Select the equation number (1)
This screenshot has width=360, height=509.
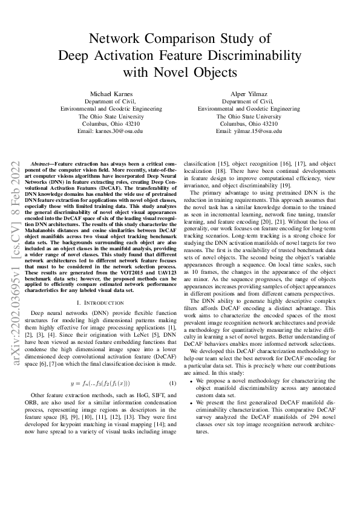pos(172,384)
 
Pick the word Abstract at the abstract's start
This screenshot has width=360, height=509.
pos(41,164)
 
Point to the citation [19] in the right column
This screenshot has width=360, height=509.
pos(301,186)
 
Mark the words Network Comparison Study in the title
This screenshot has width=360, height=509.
pos(180,39)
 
